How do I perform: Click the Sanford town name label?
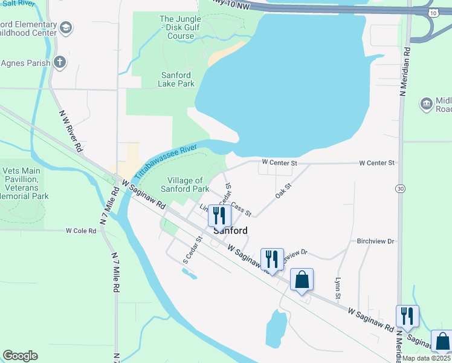tap(230, 231)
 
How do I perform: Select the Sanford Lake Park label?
tap(176, 79)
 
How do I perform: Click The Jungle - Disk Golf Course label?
tap(177, 27)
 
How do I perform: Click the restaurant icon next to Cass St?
tap(219, 215)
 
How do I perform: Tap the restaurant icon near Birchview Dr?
tap(272, 259)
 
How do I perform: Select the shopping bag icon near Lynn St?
tap(302, 280)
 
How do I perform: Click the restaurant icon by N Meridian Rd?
tap(407, 315)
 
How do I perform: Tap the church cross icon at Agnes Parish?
tap(59, 62)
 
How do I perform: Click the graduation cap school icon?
tap(66, 28)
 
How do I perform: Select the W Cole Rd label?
tap(81, 231)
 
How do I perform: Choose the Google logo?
tap(20, 356)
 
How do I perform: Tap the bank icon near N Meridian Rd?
tap(426, 104)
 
